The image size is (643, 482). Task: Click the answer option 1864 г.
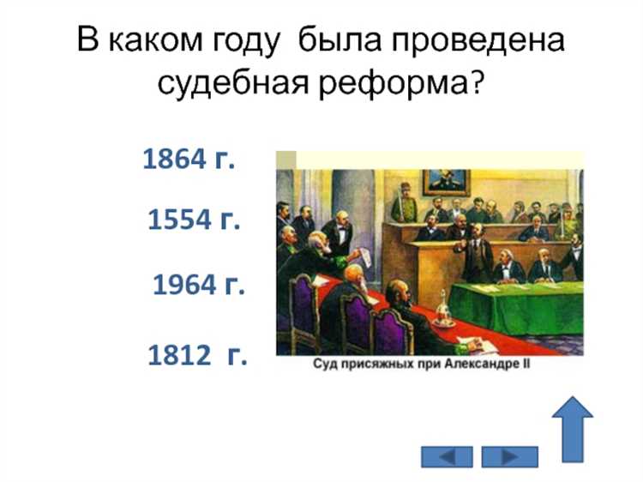pyautogui.click(x=189, y=160)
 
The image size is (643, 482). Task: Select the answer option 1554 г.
pyautogui.click(x=193, y=220)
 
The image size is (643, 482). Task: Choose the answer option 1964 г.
pyautogui.click(x=199, y=285)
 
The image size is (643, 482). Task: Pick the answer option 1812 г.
pyautogui.click(x=197, y=355)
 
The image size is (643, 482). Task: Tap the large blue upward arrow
pyautogui.click(x=572, y=429)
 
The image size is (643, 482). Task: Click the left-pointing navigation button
pyautogui.click(x=447, y=456)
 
